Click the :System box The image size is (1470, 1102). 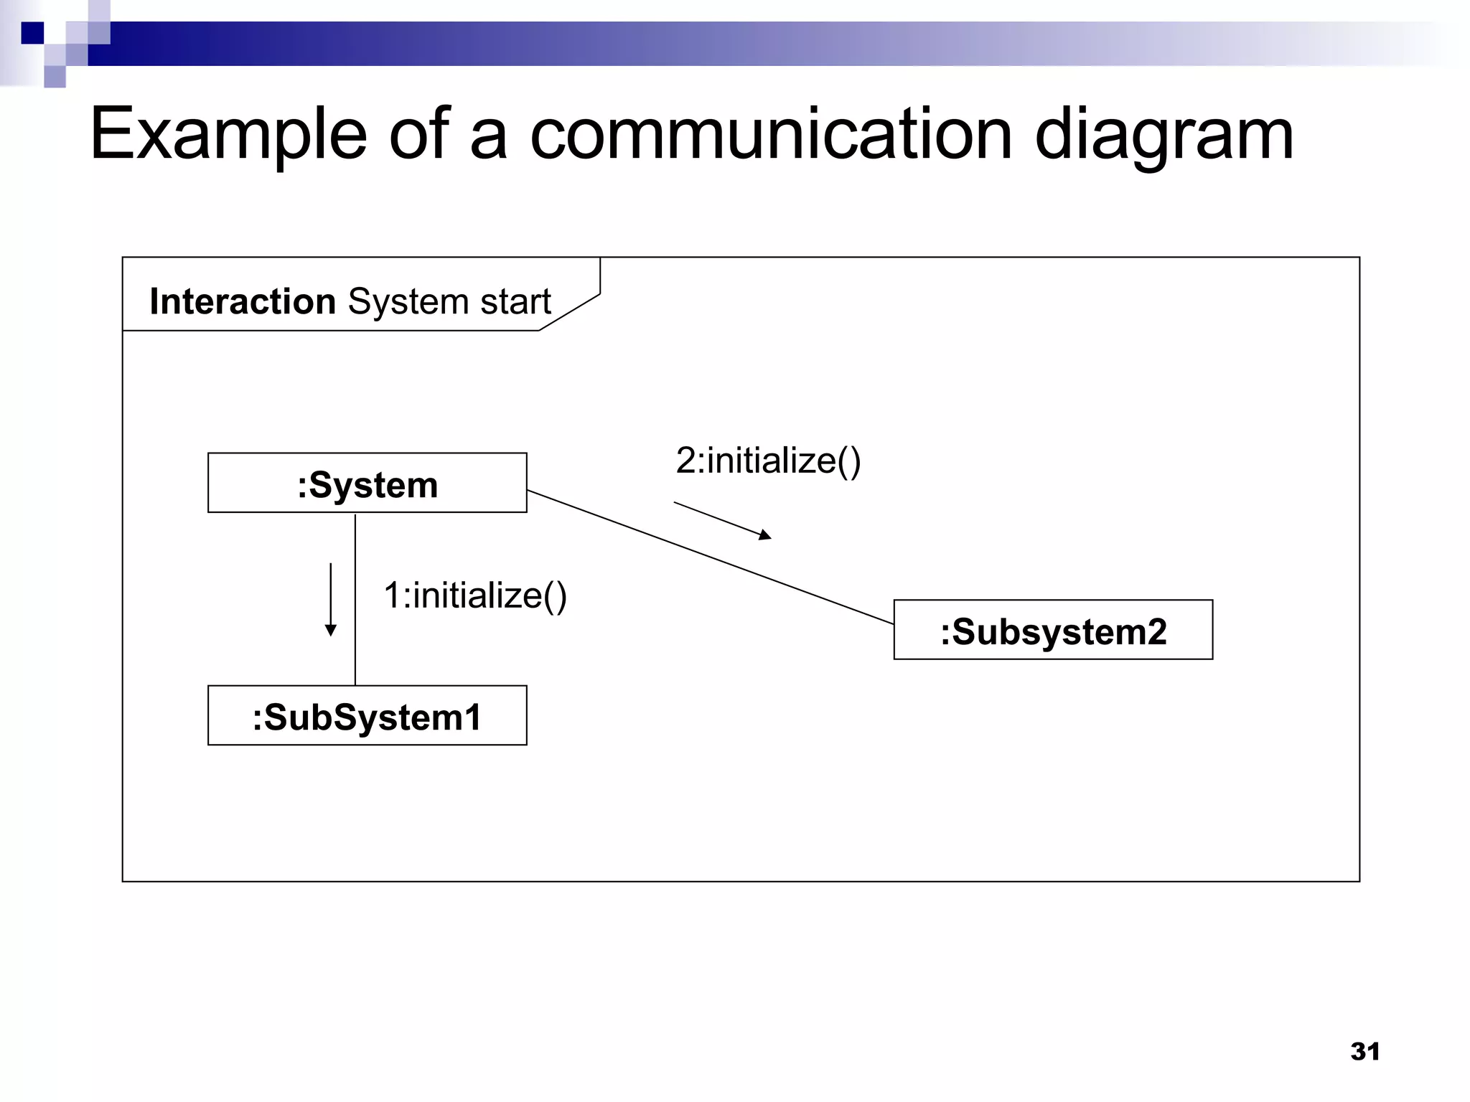click(367, 483)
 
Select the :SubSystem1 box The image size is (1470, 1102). click(367, 715)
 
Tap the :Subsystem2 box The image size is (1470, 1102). click(1053, 630)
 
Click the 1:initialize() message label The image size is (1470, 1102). click(475, 595)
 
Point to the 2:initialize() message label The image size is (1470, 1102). click(768, 461)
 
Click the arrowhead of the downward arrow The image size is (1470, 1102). click(331, 630)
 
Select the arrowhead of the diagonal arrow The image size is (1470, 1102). click(765, 534)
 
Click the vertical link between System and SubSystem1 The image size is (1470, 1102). click(355, 599)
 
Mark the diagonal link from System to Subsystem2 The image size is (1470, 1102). click(711, 557)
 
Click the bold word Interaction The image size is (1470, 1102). click(243, 301)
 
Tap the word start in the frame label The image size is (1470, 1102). click(515, 301)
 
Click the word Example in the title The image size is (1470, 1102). click(228, 135)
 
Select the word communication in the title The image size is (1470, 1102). click(772, 135)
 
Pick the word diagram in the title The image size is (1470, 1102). click(1164, 135)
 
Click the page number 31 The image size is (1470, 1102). click(1364, 1051)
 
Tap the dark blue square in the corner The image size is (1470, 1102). click(32, 33)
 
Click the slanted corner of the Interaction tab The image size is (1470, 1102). click(569, 312)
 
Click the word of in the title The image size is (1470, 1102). click(418, 135)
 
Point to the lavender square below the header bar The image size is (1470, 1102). click(55, 77)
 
